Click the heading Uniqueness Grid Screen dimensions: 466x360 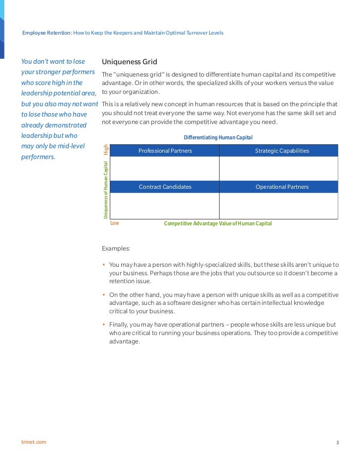click(x=129, y=62)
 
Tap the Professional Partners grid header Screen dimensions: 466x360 click(x=165, y=151)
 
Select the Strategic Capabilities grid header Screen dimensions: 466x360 click(x=282, y=151)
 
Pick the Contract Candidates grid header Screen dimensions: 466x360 click(x=165, y=187)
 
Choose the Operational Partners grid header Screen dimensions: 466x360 click(x=282, y=187)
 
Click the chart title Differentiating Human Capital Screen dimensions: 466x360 click(x=218, y=137)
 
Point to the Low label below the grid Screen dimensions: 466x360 click(x=115, y=223)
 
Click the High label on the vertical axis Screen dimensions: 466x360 click(x=105, y=149)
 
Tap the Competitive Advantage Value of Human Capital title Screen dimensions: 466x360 click(x=218, y=223)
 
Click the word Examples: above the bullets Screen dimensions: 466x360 click(x=116, y=248)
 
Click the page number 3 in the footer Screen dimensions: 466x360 click(x=337, y=442)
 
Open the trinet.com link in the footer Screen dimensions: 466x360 click(x=34, y=442)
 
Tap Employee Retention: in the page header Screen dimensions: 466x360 click(x=47, y=33)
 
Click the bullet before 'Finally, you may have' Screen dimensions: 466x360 click(x=104, y=325)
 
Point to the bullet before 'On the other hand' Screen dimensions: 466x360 click(x=104, y=295)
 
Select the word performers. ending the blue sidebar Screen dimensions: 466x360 click(x=38, y=157)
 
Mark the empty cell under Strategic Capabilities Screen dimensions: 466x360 click(x=278, y=169)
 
